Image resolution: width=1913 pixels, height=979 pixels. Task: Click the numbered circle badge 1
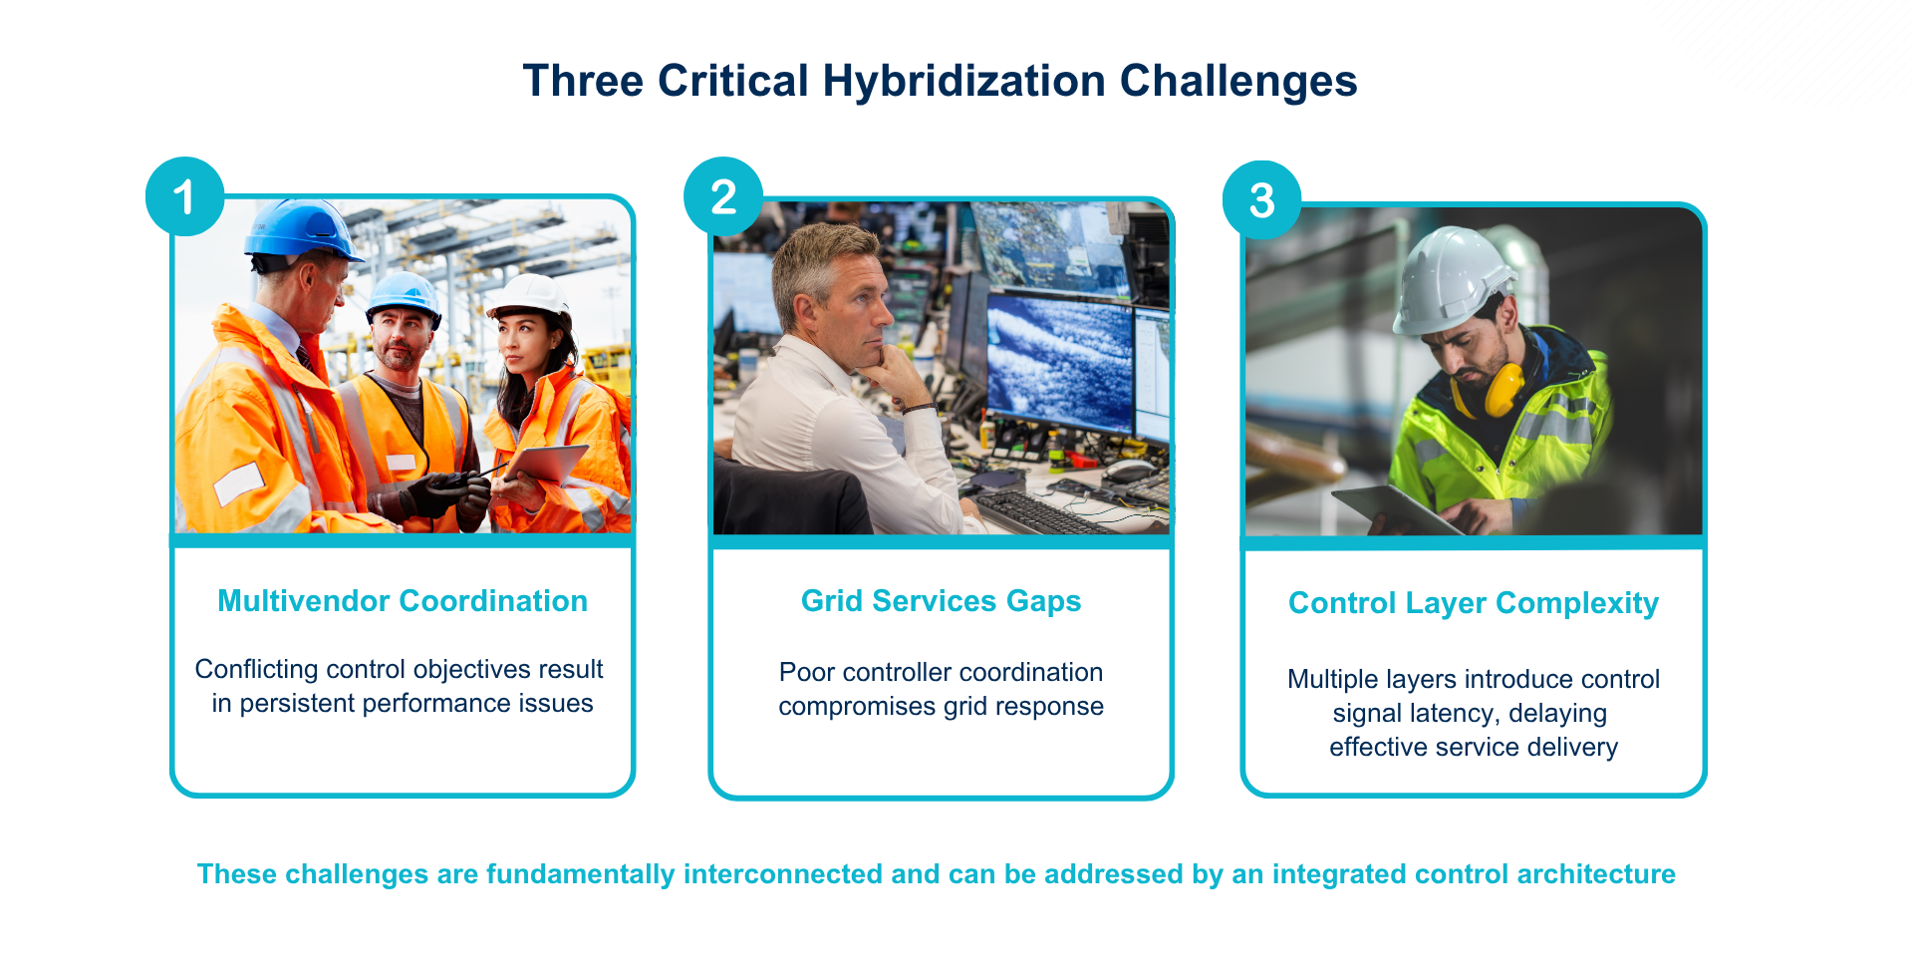coord(184,196)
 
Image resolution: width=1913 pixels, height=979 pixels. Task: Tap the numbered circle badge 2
coord(723,196)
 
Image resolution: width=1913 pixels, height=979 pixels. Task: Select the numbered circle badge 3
coord(1262,200)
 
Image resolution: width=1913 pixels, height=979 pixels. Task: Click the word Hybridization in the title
coord(964,82)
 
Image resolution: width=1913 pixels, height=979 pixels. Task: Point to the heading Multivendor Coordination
coord(403,601)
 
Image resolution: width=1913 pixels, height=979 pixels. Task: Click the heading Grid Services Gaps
coord(941,601)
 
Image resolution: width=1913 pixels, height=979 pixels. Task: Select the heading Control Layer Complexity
coord(1474,604)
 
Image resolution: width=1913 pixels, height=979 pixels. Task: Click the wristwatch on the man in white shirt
coord(918,408)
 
